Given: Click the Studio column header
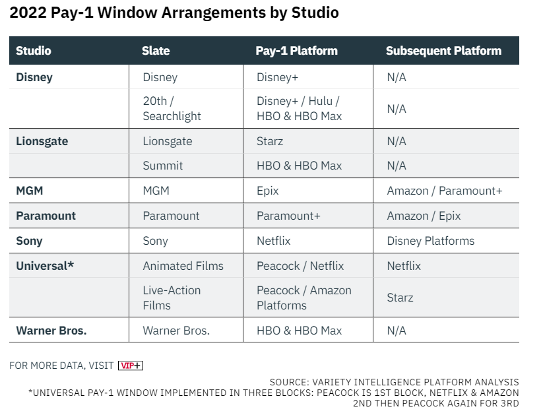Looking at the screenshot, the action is [34, 51].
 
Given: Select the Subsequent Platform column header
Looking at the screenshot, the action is [443, 51].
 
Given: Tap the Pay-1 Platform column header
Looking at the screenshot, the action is [296, 51].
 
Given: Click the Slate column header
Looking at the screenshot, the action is [156, 51].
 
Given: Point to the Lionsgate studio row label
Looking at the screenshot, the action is [42, 141].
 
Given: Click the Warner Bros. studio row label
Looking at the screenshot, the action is [51, 331].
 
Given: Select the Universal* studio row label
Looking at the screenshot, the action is [45, 266].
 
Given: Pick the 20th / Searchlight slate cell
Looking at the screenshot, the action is [172, 108].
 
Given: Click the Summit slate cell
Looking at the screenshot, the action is [163, 166].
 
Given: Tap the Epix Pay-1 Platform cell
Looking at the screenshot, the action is [268, 191].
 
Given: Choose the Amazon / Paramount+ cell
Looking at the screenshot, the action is [444, 191].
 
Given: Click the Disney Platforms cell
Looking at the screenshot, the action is [430, 241].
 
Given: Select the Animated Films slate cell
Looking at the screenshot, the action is [183, 266].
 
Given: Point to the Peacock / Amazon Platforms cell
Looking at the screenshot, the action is [304, 298].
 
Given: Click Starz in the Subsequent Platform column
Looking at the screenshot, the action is [400, 298].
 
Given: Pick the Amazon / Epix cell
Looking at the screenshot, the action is [424, 216].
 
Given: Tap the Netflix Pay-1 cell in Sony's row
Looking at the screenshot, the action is [274, 241].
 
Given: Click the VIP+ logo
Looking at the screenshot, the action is [131, 366].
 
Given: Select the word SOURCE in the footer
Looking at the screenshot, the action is [289, 382].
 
